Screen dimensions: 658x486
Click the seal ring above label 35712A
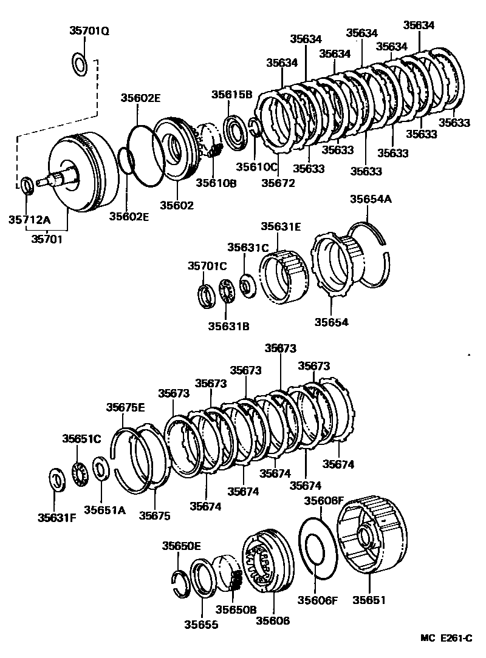[27, 185]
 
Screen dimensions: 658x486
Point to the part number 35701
[50, 239]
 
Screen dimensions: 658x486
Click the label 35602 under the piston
[176, 205]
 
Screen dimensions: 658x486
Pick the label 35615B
[231, 94]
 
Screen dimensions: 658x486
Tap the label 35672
[279, 181]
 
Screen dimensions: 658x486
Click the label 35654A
[370, 199]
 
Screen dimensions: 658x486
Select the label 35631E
[281, 226]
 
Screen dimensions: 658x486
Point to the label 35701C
[207, 266]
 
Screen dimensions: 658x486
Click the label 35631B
[228, 326]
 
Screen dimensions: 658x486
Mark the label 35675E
[126, 407]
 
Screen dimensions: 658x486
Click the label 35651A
[104, 510]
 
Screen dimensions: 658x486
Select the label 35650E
[181, 546]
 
